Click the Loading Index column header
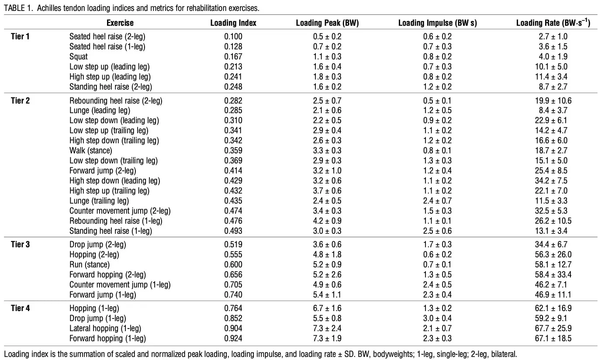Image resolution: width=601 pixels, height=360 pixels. pos(233,23)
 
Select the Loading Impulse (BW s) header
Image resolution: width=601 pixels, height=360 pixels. pos(437,23)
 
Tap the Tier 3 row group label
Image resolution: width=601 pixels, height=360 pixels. pos(20,244)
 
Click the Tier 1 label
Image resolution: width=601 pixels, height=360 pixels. pos(20,36)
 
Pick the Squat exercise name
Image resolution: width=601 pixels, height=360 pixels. pos(78,57)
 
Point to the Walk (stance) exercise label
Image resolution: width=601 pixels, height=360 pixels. pos(91,150)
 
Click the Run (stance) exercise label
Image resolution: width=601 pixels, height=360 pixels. pos(90,264)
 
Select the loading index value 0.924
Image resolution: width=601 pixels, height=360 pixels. pos(233,338)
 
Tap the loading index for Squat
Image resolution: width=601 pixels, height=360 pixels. pos(233,57)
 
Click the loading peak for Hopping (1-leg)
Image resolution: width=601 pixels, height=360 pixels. pos(327,308)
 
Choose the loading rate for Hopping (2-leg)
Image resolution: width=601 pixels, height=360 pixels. pos(553,255)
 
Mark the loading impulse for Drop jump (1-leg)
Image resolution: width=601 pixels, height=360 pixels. pos(437,318)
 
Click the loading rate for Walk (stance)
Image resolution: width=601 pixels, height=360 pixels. pos(551,150)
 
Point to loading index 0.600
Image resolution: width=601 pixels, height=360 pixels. pos(233,264)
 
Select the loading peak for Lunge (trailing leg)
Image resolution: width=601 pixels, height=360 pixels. pos(327,201)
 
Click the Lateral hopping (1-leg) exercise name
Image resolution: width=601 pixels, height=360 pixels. pos(105,328)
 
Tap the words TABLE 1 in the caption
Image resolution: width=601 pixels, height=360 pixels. pos(18,8)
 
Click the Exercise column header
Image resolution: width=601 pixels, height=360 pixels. pos(120,23)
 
